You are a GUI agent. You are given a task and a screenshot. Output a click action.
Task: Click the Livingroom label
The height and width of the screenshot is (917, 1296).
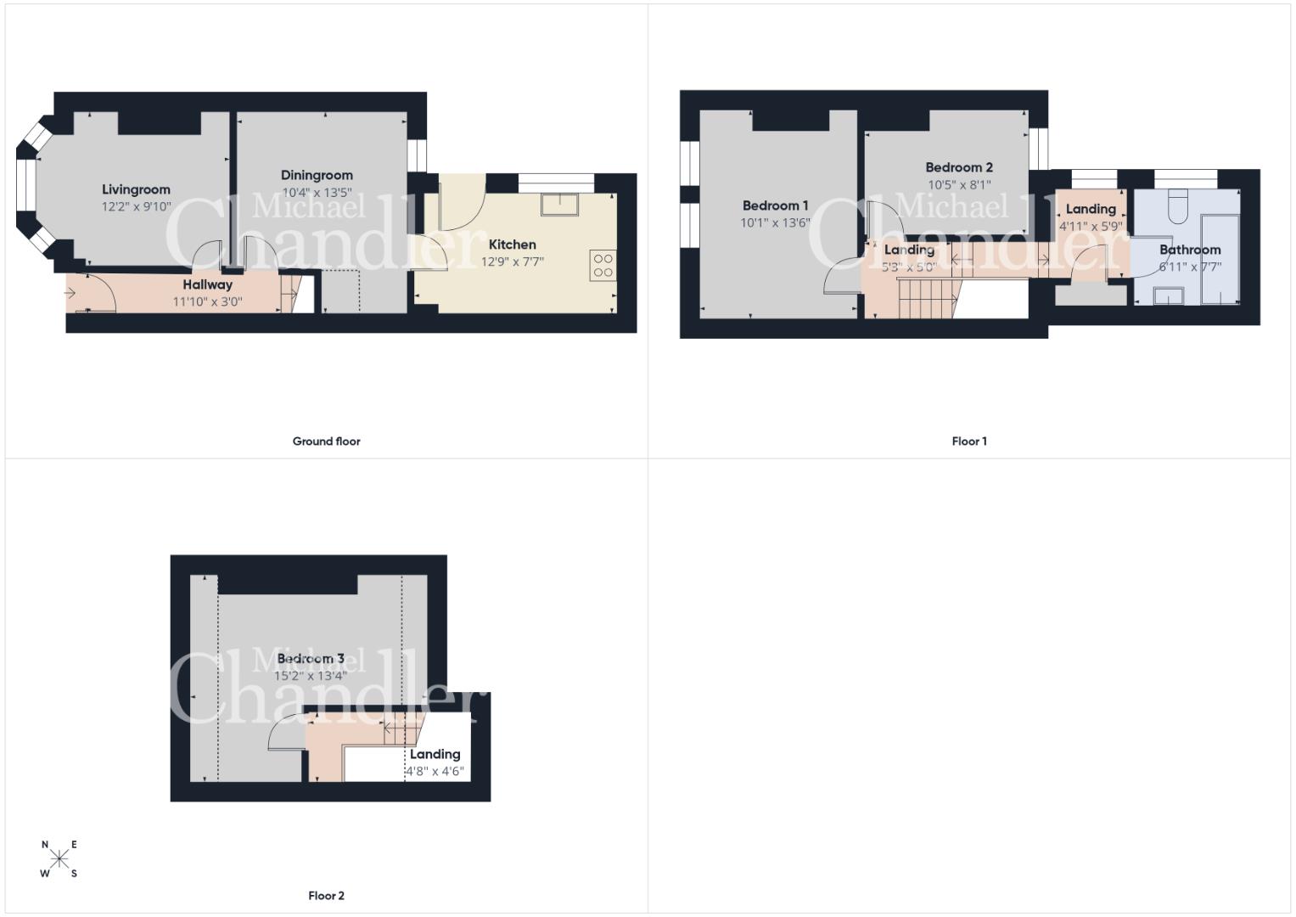(x=136, y=190)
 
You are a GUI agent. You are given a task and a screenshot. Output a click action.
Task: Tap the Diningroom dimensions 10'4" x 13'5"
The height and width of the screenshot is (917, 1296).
(x=317, y=193)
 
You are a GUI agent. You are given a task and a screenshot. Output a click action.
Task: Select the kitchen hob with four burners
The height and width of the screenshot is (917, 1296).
(x=603, y=266)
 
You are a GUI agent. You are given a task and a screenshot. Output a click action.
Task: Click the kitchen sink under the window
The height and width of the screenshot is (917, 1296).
(x=559, y=205)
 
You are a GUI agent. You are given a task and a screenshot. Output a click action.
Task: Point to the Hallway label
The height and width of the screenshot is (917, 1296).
(x=208, y=284)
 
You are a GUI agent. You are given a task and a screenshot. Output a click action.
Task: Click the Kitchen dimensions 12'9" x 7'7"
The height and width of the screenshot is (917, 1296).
(x=513, y=262)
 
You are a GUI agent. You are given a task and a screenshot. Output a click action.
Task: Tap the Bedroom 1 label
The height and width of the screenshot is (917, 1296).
(x=775, y=205)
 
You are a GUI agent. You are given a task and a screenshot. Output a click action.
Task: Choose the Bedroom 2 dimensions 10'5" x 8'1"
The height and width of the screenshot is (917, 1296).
(x=959, y=185)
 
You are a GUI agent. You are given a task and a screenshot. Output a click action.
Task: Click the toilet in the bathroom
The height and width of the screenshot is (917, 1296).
(x=1177, y=206)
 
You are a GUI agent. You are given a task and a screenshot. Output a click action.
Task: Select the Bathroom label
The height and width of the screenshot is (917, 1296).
(x=1190, y=250)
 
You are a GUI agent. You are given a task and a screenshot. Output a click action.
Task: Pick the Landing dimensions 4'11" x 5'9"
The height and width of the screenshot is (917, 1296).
(x=1091, y=227)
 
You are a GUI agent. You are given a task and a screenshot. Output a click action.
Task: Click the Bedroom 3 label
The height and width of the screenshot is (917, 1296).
(x=311, y=659)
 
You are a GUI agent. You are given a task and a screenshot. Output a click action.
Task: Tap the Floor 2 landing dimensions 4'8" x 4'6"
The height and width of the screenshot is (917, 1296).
(x=435, y=772)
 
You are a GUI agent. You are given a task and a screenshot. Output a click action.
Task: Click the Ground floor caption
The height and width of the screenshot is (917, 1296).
(x=326, y=442)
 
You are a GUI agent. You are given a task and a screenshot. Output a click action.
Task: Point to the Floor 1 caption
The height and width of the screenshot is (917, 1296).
(x=970, y=442)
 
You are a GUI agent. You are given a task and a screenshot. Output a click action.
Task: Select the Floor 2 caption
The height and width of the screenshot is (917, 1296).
(x=326, y=896)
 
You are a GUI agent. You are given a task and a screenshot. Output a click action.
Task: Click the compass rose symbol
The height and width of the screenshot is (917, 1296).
(x=59, y=859)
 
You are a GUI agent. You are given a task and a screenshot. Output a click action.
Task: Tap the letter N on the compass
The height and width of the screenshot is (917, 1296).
(x=45, y=845)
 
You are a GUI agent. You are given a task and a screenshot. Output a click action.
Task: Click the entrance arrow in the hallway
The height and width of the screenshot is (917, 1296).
(x=70, y=294)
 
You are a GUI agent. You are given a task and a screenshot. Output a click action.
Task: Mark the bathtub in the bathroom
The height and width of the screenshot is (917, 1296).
(x=1220, y=259)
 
